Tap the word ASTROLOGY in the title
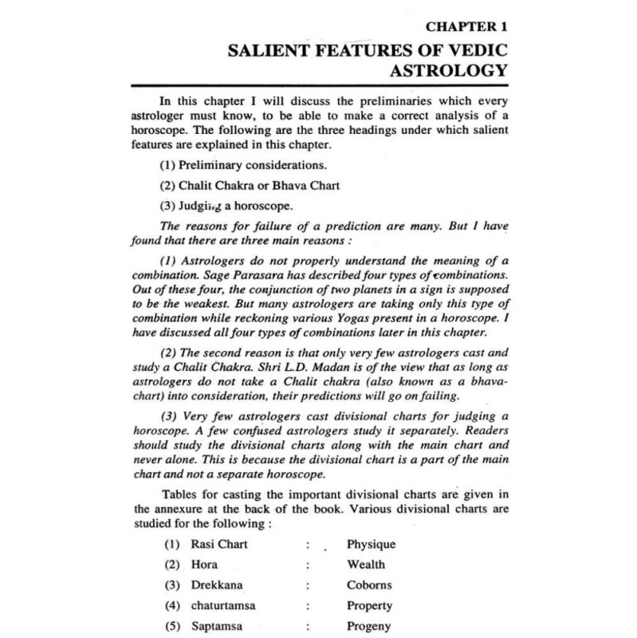coord(448,73)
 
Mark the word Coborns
coord(369,585)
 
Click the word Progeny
coord(369,627)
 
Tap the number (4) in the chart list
coord(170,606)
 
